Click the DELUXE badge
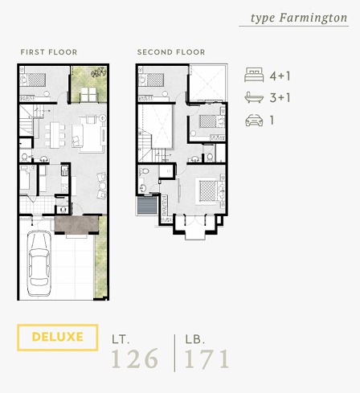[x=58, y=338]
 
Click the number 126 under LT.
[x=135, y=358]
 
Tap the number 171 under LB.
[x=207, y=358]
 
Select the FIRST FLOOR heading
[x=49, y=52]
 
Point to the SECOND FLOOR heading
[x=171, y=52]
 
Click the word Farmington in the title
[x=313, y=18]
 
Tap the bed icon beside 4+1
[x=254, y=75]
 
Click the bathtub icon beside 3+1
[x=254, y=97]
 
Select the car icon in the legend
[x=254, y=120]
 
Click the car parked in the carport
[x=39, y=264]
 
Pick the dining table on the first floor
[x=55, y=135]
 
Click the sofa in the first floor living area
[x=77, y=136]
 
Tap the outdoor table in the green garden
[x=88, y=95]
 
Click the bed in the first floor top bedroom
[x=33, y=80]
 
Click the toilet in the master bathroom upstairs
[x=145, y=171]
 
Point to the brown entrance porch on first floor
[x=76, y=224]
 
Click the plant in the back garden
[x=98, y=72]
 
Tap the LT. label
[x=121, y=340]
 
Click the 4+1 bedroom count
[x=280, y=76]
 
